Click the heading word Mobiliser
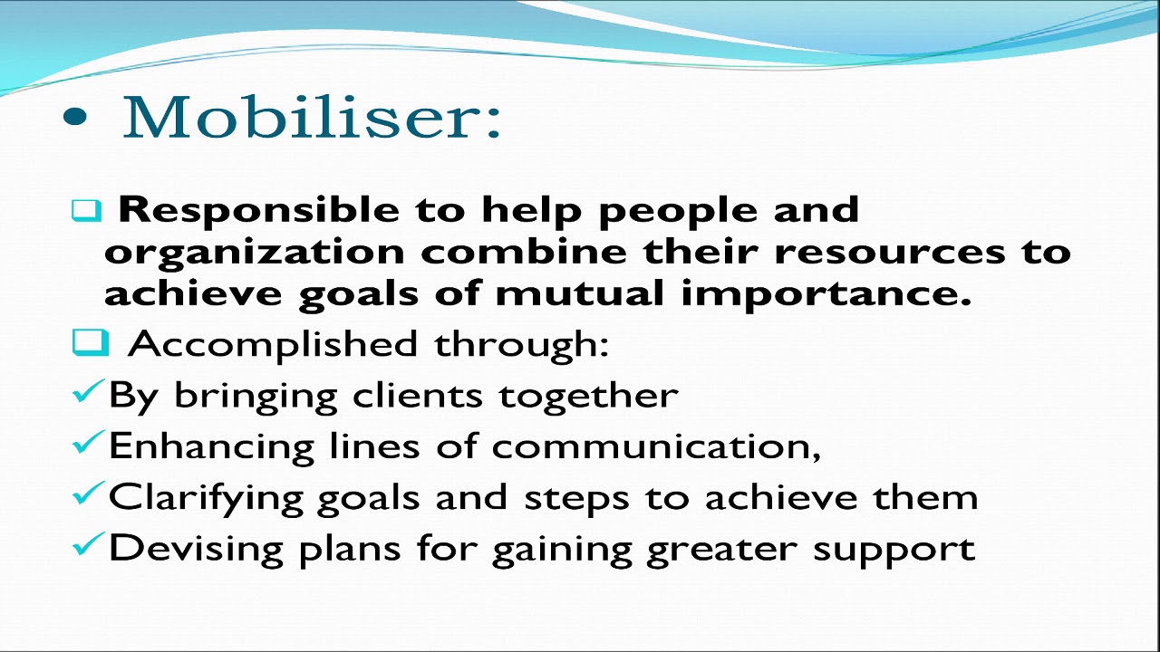[x=311, y=118]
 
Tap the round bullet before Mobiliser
[x=77, y=119]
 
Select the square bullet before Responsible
[x=86, y=211]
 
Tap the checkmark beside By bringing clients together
[x=88, y=393]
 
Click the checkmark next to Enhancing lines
[x=88, y=444]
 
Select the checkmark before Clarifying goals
[x=88, y=494]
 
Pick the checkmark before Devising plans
[x=88, y=545]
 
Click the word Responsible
[x=259, y=210]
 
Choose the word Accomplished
[x=273, y=345]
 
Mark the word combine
[x=525, y=252]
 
